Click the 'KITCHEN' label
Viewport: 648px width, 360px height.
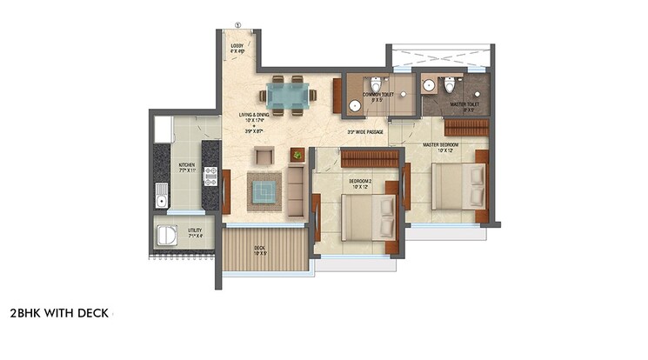(x=187, y=164)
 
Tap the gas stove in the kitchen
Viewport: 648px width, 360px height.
(x=209, y=176)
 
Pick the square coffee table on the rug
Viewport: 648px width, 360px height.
(x=264, y=189)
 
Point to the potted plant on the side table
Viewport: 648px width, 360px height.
(x=297, y=156)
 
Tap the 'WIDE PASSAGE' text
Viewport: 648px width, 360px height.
(x=365, y=132)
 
